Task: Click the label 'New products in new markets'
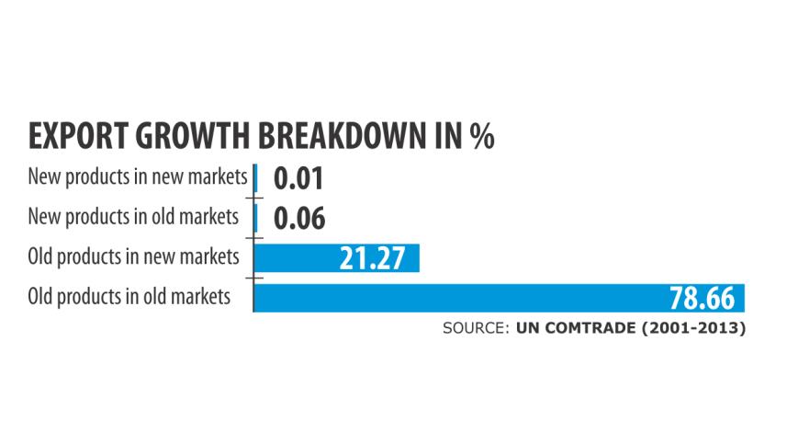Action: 138,176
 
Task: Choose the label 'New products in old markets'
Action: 134,217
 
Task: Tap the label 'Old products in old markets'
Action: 129,297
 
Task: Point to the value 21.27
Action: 372,258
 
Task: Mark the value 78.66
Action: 702,299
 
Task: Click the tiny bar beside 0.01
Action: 254,177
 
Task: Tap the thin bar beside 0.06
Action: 254,218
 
